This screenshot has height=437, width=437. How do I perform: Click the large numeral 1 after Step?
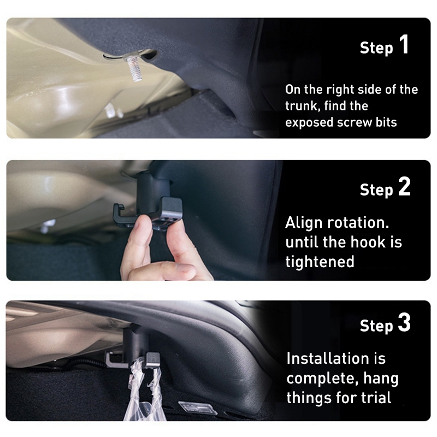404,44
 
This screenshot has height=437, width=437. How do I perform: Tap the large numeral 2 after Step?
404,186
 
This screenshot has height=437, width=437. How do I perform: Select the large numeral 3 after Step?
404,322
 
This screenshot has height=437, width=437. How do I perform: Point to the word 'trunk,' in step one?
303,106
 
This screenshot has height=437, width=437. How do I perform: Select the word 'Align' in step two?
304,223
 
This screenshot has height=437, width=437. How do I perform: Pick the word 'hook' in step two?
368,242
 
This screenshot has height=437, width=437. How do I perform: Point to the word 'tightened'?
320,262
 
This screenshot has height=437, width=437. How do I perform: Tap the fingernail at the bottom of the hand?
185,268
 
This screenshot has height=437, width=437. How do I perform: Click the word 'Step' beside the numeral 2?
376,190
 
